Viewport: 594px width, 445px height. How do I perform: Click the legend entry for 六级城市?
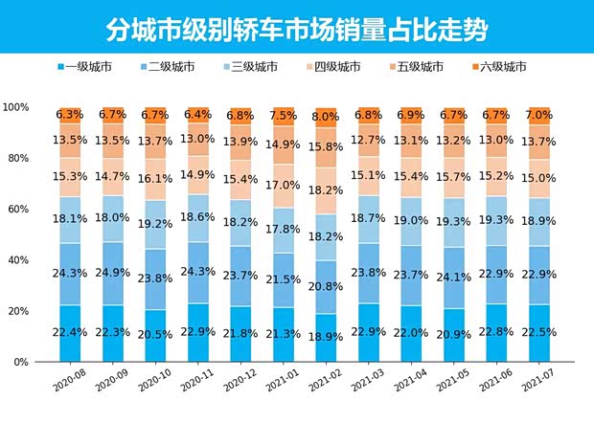506,67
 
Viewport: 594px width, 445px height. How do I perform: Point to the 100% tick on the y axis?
17,107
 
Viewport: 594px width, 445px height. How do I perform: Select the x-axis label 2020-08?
68,381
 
